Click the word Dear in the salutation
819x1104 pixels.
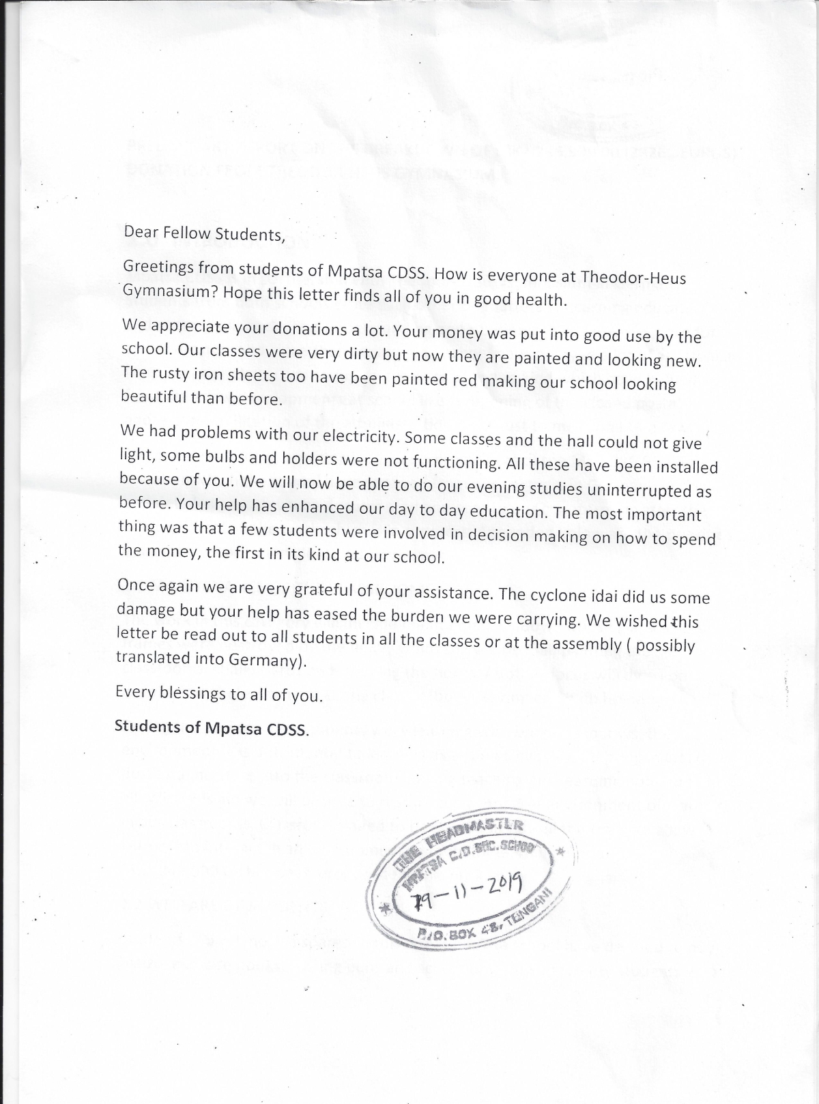(x=140, y=231)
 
